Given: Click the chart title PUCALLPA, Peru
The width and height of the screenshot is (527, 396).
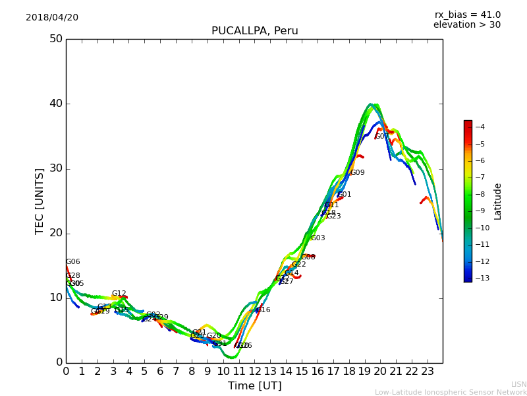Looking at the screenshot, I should [x=254, y=31].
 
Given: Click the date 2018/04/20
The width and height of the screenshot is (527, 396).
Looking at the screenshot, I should [x=52, y=17].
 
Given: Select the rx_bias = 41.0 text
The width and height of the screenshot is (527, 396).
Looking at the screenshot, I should [x=467, y=15].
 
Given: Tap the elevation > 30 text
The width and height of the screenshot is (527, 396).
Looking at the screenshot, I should [x=466, y=25].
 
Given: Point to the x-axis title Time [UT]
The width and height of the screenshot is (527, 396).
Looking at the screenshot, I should [x=254, y=386].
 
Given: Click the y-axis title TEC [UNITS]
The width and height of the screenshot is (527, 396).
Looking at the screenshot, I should [x=40, y=201].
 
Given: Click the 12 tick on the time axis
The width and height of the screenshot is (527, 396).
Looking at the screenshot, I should [x=254, y=372].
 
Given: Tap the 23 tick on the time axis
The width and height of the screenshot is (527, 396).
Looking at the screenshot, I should [x=427, y=372].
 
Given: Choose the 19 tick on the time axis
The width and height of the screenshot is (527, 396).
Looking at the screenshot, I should [x=364, y=372].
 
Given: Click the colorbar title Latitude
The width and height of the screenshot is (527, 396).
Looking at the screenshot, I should [x=498, y=201].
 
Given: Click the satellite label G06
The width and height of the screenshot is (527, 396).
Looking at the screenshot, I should [x=72, y=262].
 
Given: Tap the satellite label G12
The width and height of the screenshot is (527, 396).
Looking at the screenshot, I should [x=119, y=294].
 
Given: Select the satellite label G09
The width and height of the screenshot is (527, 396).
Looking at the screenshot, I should [x=357, y=173].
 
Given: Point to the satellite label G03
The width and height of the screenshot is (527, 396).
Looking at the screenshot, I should [x=318, y=238].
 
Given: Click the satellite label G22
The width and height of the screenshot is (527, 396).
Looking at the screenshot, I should [x=298, y=265].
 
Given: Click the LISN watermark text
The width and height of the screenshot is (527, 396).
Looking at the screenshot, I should [x=518, y=384].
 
